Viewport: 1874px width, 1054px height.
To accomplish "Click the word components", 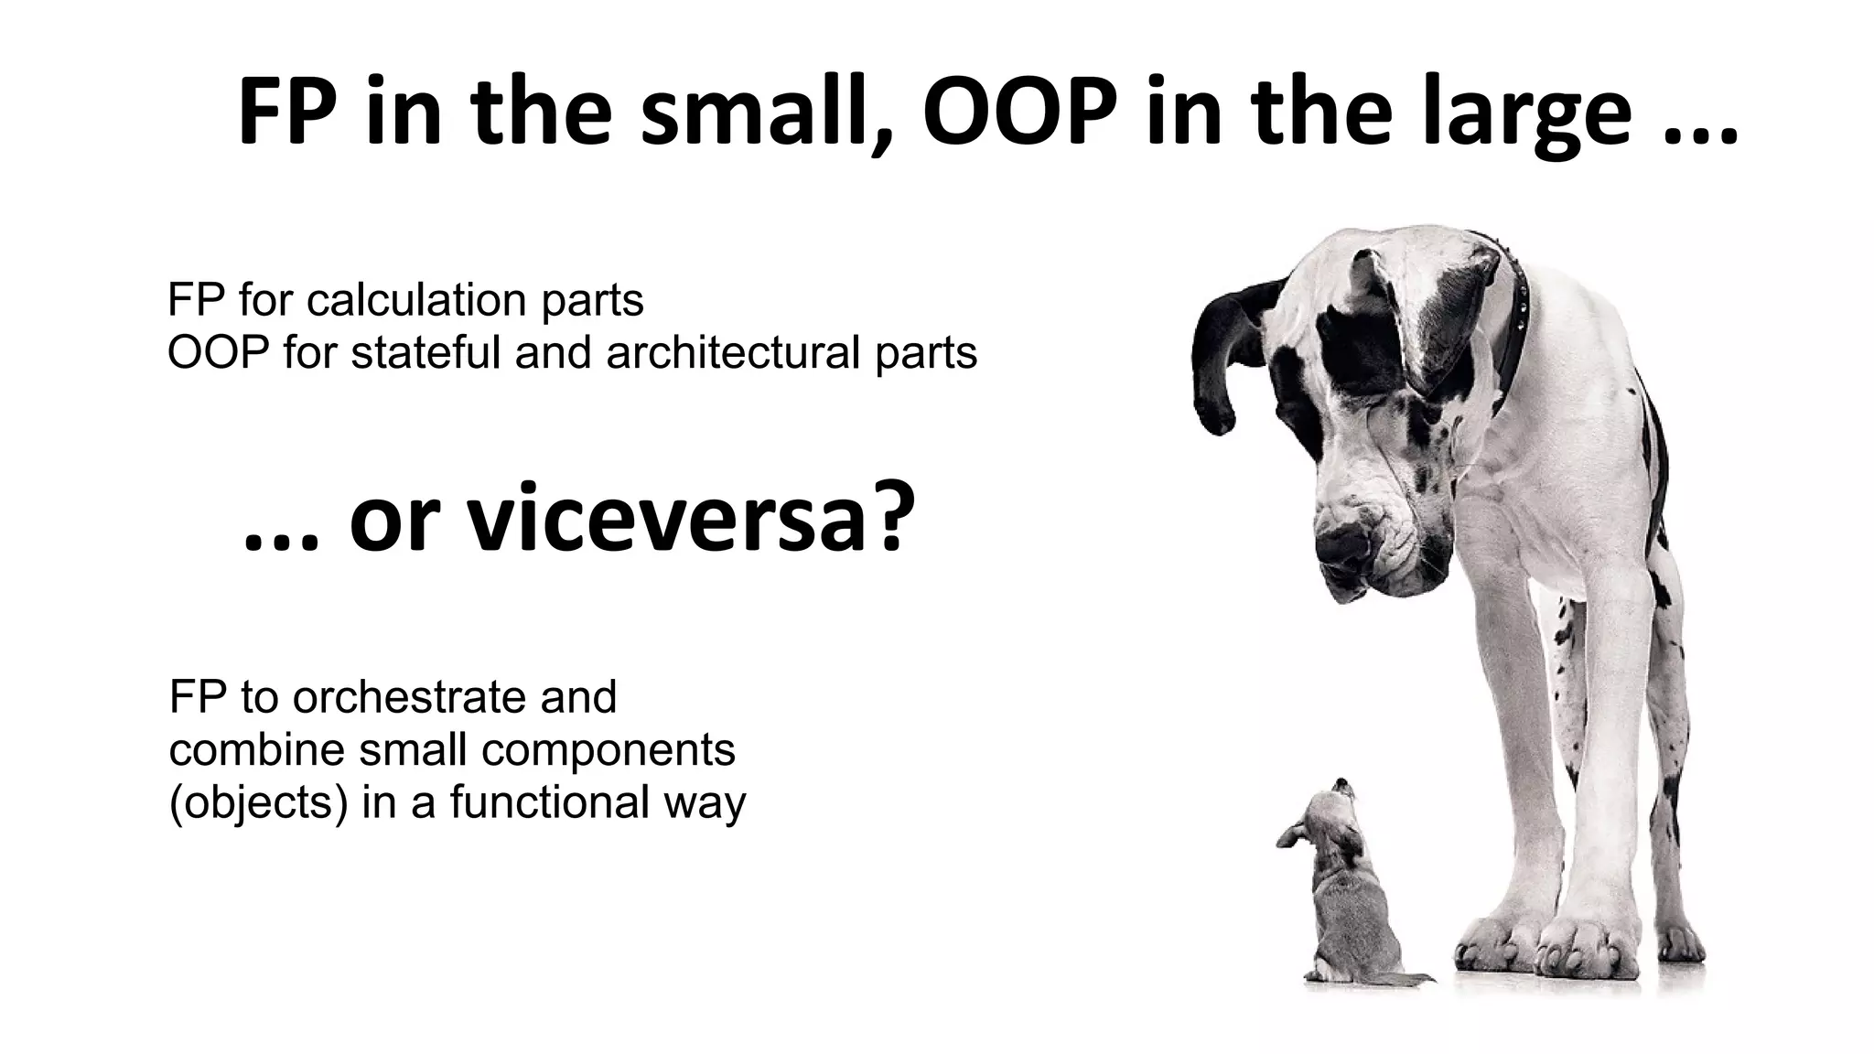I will click(x=609, y=750).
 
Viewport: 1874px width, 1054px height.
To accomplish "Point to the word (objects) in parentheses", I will click(x=259, y=803).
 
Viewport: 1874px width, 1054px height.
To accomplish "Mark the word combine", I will click(x=256, y=750).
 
